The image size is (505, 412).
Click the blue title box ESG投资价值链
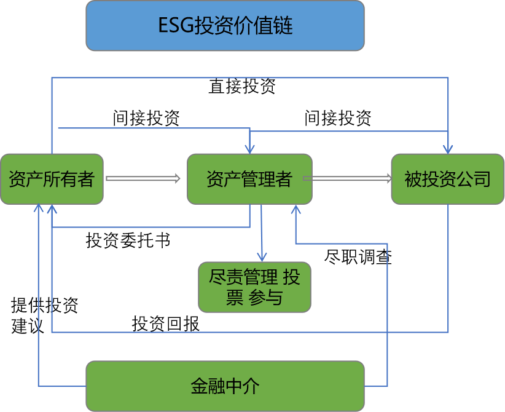point(225,25)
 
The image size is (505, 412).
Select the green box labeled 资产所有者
point(52,178)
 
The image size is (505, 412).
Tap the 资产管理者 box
point(249,178)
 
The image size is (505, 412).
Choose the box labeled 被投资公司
point(448,178)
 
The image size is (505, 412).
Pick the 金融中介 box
point(225,386)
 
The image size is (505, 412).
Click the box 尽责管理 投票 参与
point(254,287)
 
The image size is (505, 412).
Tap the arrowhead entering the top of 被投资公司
point(448,148)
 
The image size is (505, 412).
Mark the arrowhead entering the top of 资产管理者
point(249,148)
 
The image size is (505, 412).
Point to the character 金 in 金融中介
point(199,386)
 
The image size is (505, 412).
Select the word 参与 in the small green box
point(265,298)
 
